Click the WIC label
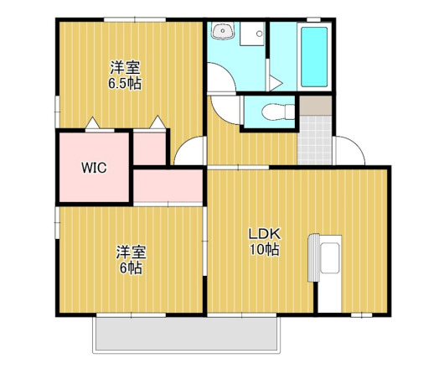click(x=94, y=168)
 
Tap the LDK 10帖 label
click(x=265, y=242)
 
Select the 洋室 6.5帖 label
click(x=125, y=75)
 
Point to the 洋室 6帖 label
click(x=131, y=260)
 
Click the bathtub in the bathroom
click(x=314, y=57)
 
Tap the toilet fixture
click(x=278, y=112)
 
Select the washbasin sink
click(x=223, y=31)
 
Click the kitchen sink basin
click(x=329, y=258)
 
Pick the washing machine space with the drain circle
click(x=252, y=34)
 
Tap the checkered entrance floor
click(x=314, y=140)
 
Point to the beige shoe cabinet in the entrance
click(x=316, y=106)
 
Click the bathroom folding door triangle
click(x=276, y=83)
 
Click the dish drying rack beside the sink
click(x=314, y=258)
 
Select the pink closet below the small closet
click(x=168, y=185)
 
